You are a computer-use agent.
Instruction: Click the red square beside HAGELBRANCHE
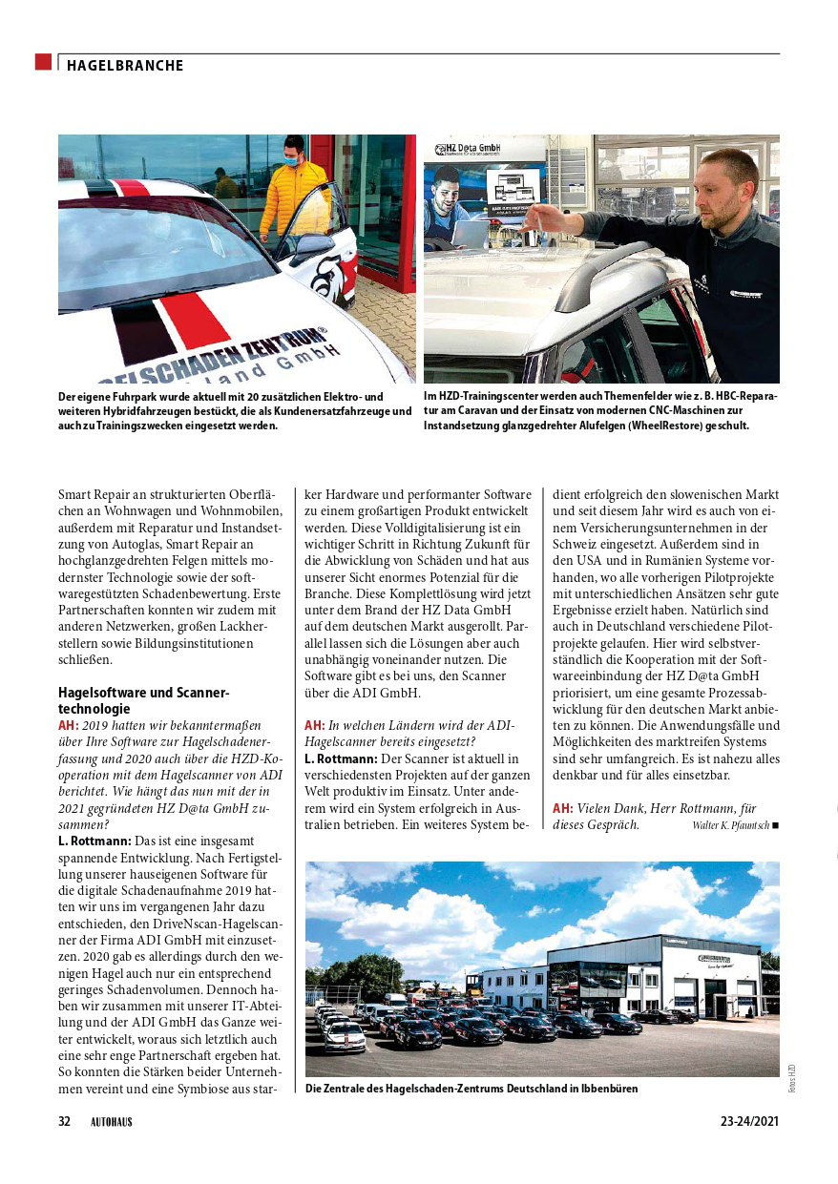(43, 62)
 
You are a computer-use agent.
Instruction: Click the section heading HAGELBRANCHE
(125, 66)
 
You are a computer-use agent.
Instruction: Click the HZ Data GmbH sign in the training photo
(468, 149)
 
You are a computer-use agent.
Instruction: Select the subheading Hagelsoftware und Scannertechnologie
(144, 700)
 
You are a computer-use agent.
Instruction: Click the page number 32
(65, 1122)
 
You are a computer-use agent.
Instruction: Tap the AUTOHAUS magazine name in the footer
(112, 1122)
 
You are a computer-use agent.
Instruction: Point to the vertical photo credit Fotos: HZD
(791, 1078)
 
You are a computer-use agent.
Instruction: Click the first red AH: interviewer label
(69, 725)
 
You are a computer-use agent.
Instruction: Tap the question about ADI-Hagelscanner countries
(409, 733)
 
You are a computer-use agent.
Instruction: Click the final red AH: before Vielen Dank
(562, 808)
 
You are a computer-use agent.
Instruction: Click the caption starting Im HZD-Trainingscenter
(600, 411)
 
